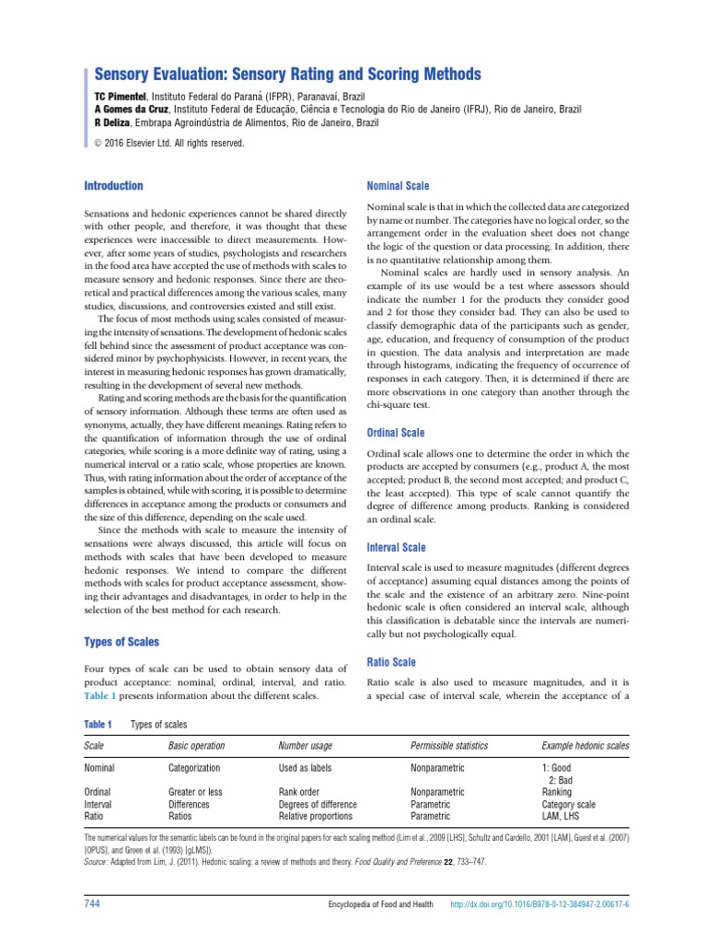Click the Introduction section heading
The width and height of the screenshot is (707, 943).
tap(113, 185)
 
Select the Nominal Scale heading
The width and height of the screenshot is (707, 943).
tap(398, 185)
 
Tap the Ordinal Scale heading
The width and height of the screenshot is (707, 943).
tap(396, 432)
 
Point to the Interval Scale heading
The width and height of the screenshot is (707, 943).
tap(396, 547)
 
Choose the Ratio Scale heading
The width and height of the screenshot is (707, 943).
tap(391, 661)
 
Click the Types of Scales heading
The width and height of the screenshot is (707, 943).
tap(122, 641)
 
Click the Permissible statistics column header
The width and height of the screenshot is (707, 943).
tap(449, 744)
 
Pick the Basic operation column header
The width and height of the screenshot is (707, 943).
tap(197, 744)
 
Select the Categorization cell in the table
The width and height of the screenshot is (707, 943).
tap(194, 766)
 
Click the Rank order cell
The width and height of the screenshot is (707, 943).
tap(299, 791)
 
